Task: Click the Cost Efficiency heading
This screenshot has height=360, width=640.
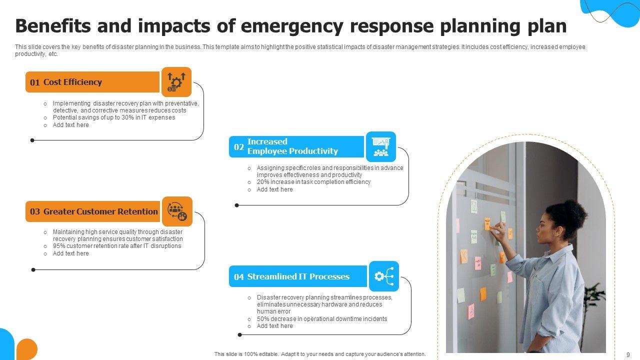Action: coord(72,82)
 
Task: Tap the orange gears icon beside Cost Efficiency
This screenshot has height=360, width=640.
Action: coord(176,82)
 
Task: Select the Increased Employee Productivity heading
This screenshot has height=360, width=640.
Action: coord(292,146)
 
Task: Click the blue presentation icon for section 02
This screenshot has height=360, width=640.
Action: coord(381,146)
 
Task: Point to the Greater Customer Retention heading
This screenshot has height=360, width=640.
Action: coord(100,211)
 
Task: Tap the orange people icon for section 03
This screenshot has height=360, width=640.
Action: coord(177,211)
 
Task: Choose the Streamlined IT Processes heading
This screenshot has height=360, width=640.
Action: coord(298,276)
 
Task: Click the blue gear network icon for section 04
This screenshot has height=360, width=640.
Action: coord(384,276)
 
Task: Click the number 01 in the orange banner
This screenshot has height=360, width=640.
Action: coord(34,83)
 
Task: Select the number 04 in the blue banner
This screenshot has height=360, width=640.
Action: coord(239,277)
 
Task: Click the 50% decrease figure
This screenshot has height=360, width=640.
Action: coord(263,319)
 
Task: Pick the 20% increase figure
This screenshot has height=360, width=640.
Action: coord(263,182)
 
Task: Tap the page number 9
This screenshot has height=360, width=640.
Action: coord(628,354)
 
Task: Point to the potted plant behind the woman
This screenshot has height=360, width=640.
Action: coord(595,300)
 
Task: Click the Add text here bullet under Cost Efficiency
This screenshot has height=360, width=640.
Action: coord(70,125)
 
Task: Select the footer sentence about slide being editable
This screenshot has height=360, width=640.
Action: coord(320,354)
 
